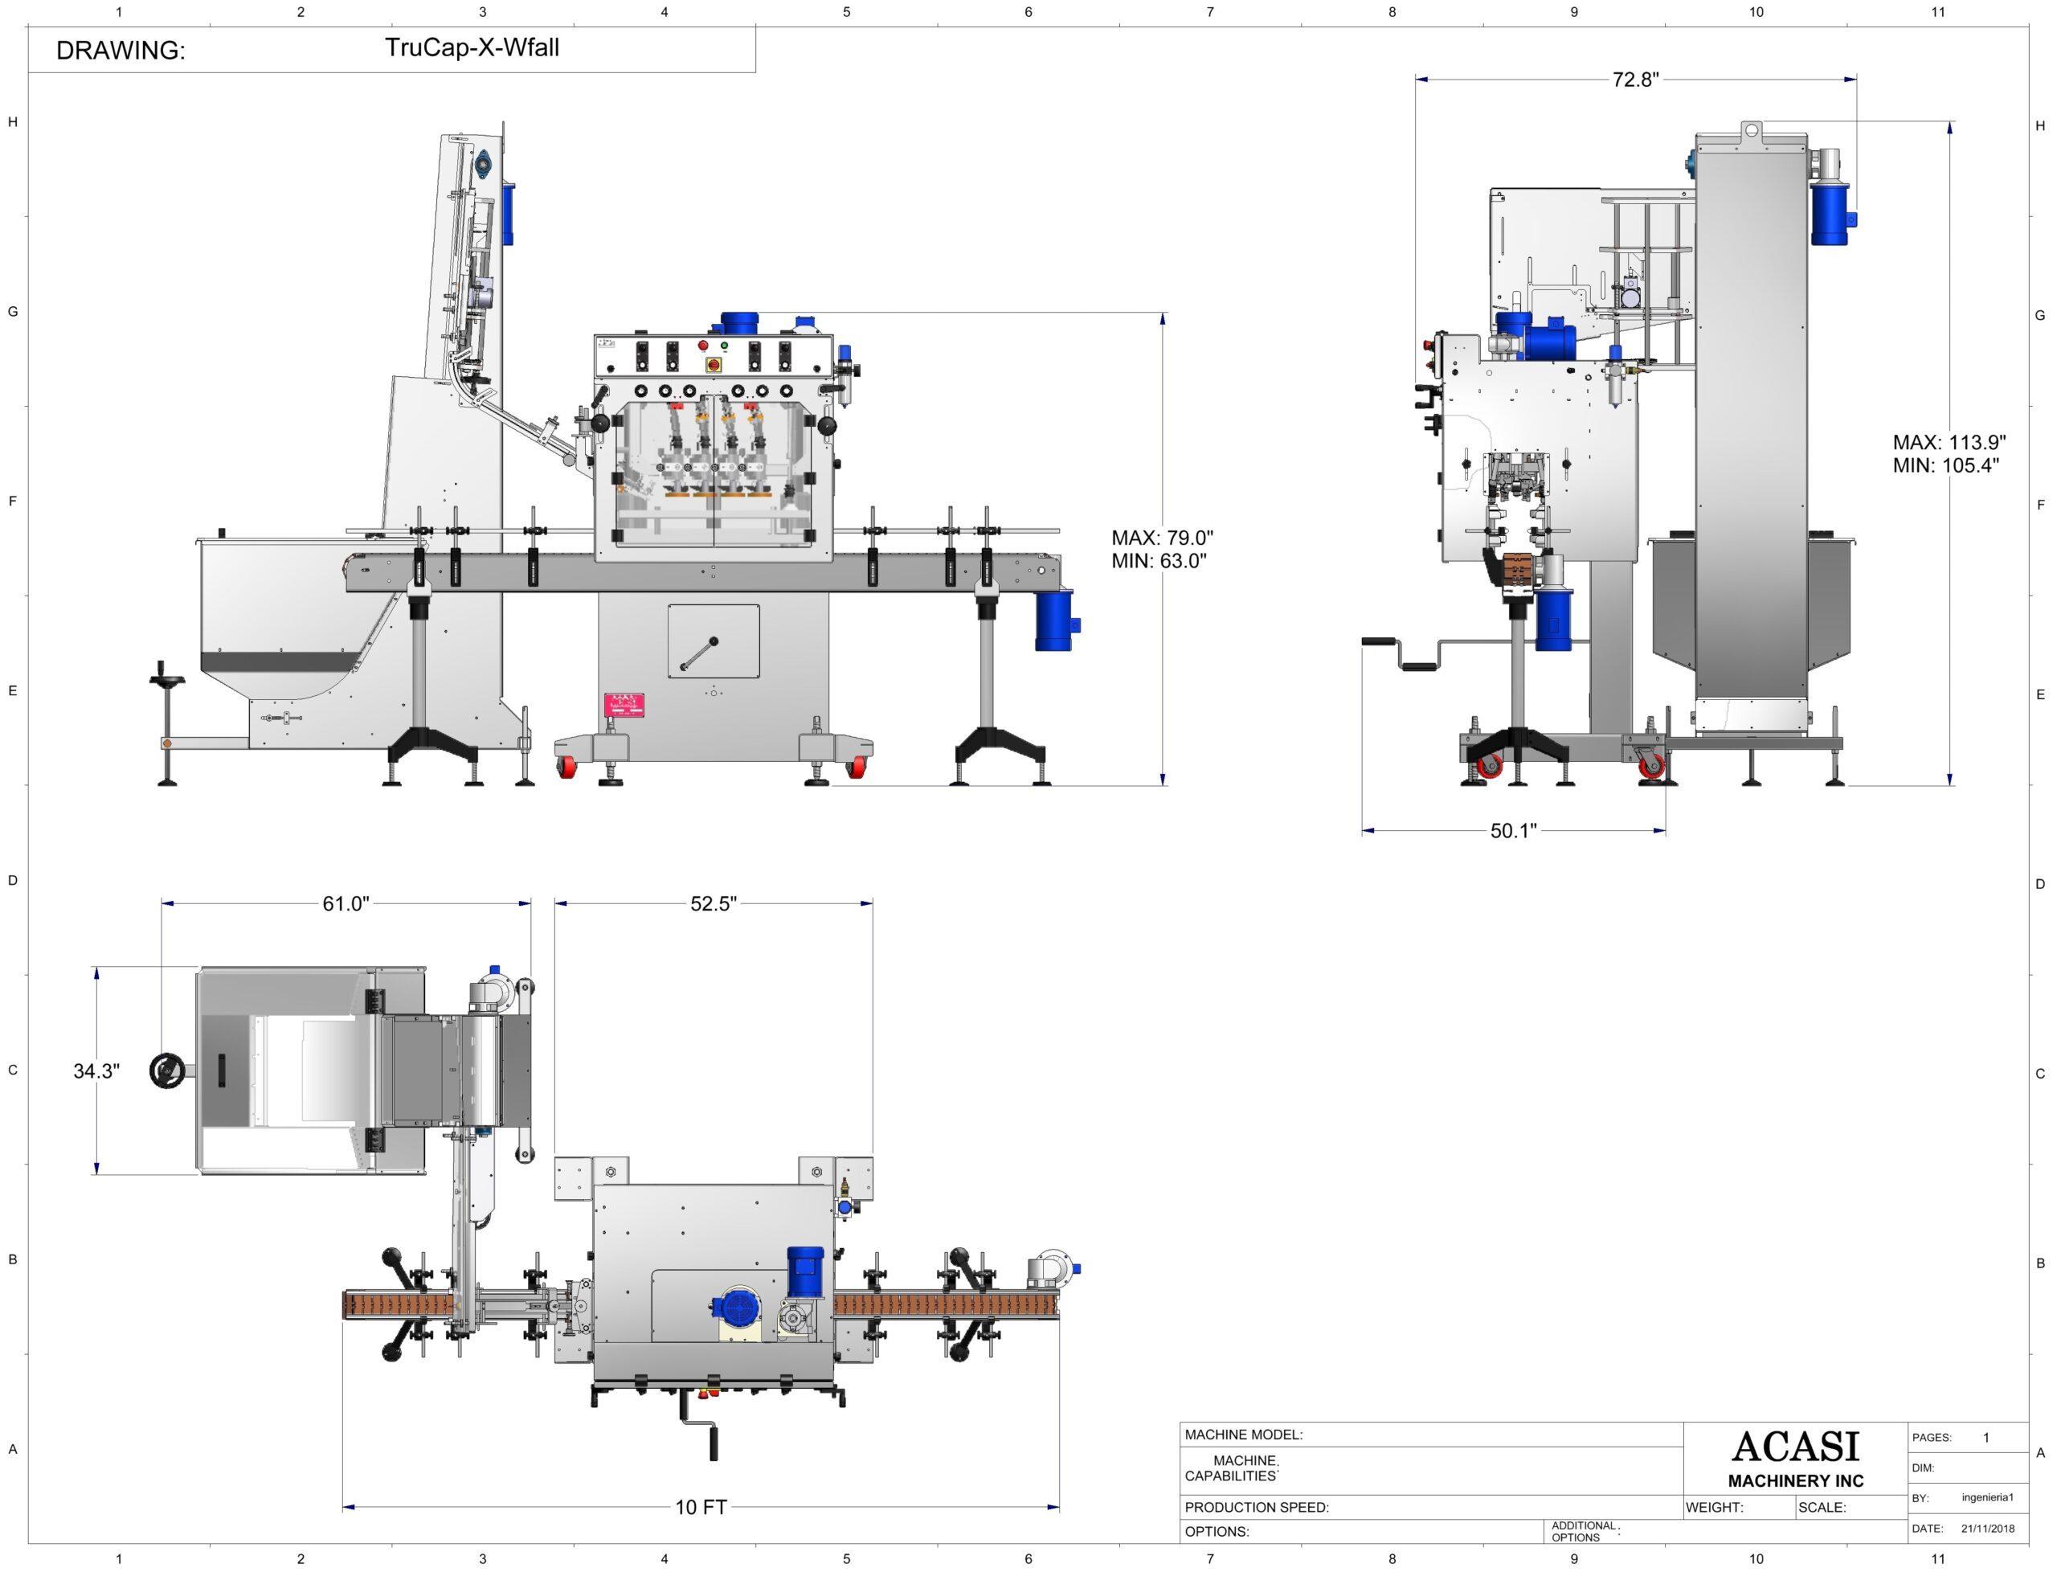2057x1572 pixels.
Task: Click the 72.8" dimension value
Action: (1634, 80)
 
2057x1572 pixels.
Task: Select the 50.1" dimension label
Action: (1512, 831)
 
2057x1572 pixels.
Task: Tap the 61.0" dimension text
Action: (346, 904)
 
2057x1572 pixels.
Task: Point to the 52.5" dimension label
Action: (714, 904)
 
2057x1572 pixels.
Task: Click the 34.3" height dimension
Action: (96, 1071)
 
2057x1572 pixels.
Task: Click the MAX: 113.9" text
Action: (1949, 443)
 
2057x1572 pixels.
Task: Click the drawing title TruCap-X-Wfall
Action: (472, 47)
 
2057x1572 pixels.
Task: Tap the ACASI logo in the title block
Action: (1795, 1447)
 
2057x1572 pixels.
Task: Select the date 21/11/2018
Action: (1988, 1529)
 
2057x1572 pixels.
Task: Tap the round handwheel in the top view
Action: (166, 1071)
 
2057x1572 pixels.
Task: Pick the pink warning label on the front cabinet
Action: (624, 705)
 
